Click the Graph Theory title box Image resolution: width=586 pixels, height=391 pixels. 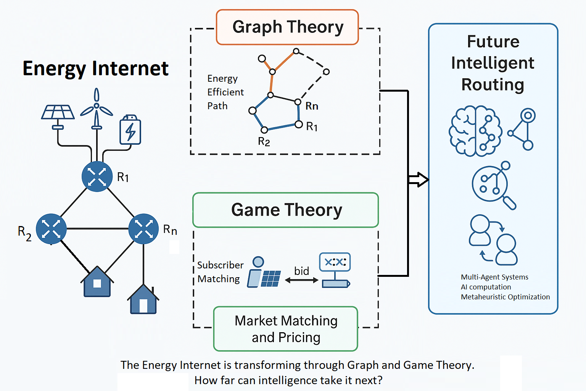click(x=287, y=27)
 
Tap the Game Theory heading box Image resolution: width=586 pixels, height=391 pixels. click(x=286, y=210)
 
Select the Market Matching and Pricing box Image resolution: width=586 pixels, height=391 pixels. click(x=286, y=329)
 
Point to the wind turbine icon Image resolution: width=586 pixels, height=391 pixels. click(x=97, y=108)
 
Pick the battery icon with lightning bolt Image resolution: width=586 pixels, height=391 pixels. click(x=130, y=130)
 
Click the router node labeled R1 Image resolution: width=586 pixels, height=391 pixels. click(x=97, y=176)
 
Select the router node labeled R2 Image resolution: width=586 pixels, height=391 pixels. click(x=51, y=229)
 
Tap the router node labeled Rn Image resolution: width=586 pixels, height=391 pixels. click(x=143, y=229)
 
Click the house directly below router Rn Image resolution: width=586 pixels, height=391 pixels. click(x=143, y=300)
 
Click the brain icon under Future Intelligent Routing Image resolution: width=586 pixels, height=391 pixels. click(x=475, y=131)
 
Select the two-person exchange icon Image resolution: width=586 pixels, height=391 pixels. click(x=493, y=240)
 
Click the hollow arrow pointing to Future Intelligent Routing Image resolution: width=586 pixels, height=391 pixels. click(x=418, y=179)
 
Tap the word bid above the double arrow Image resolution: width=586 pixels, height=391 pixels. click(x=301, y=271)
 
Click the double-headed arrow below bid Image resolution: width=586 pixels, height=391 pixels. click(x=301, y=280)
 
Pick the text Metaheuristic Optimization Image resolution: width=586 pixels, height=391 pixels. click(x=505, y=297)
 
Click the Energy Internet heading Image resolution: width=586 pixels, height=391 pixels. click(x=95, y=69)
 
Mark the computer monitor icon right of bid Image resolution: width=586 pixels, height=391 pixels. click(x=335, y=270)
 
